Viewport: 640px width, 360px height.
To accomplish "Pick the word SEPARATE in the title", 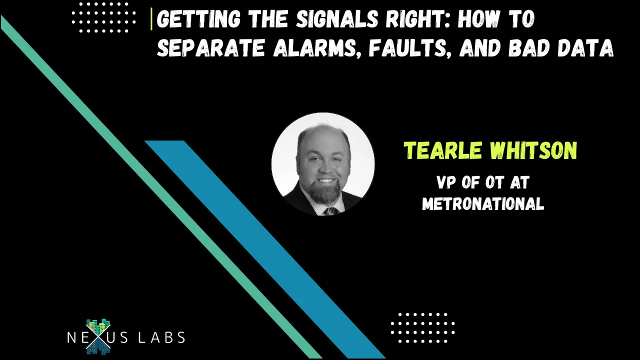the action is (211, 47).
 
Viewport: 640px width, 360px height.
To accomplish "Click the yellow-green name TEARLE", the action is (443, 150).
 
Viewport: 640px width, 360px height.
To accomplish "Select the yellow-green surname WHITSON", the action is (534, 150).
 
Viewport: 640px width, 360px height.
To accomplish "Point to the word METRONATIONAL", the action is (483, 203).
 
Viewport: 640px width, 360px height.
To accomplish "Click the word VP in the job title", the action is (447, 182).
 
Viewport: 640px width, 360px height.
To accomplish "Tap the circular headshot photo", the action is (323, 164).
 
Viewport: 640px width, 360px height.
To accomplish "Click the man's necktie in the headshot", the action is (330, 211).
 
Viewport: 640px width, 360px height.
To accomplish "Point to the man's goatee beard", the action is (325, 192).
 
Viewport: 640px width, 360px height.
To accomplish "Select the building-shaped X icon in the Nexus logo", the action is (98, 336).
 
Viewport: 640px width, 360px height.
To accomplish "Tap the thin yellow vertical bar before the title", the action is (151, 19).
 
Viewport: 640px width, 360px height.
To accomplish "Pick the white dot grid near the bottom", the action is (422, 327).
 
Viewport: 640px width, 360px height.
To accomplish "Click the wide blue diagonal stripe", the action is (265, 249).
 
